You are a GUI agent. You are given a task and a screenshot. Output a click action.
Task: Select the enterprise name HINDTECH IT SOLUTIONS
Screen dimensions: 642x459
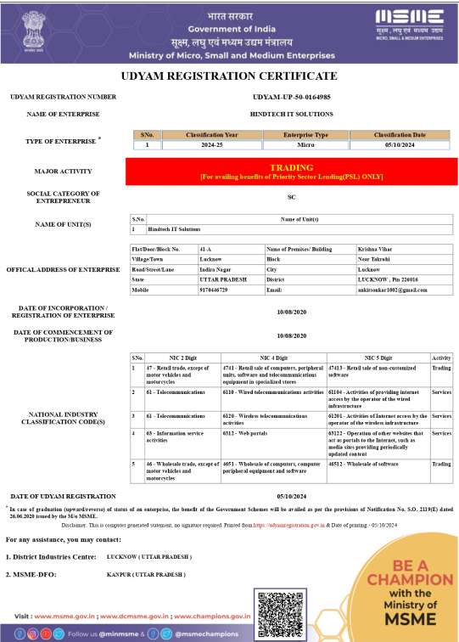pyautogui.click(x=292, y=114)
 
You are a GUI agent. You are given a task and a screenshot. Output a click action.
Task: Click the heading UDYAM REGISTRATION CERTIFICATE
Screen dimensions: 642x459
pyautogui.click(x=229, y=76)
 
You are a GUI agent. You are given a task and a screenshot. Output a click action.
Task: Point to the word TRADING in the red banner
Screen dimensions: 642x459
pyautogui.click(x=292, y=168)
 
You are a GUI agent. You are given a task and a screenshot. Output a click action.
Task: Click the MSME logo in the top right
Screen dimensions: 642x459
pyautogui.click(x=410, y=20)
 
